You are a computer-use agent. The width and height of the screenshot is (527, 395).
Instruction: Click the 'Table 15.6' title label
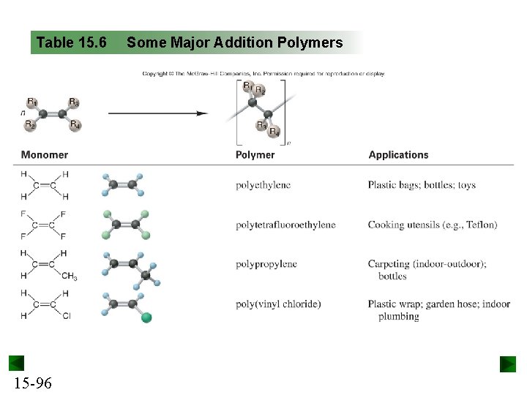click(x=71, y=42)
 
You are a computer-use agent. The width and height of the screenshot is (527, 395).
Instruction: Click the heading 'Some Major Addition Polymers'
click(x=234, y=42)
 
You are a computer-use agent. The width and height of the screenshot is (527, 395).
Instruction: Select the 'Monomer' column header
click(x=44, y=155)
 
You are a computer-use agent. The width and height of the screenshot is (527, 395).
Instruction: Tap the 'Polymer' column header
click(x=255, y=155)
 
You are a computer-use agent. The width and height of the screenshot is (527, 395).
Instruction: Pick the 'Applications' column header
click(x=398, y=155)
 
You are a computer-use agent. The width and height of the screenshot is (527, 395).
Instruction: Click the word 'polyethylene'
click(x=263, y=185)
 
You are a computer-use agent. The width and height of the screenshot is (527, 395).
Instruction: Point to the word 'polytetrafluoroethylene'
click(x=285, y=225)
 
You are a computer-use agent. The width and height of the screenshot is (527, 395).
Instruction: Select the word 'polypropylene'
click(x=266, y=264)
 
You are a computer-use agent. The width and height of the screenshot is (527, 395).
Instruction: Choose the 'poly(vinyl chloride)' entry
click(x=278, y=304)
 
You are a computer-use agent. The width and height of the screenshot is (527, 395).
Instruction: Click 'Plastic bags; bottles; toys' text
click(x=422, y=185)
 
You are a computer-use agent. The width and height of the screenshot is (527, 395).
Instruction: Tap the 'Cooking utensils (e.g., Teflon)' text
click(x=432, y=225)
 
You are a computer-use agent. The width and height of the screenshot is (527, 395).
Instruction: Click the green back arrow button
click(x=16, y=364)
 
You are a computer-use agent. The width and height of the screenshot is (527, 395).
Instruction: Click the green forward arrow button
click(x=508, y=364)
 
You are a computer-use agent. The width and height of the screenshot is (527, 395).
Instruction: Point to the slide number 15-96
click(x=32, y=383)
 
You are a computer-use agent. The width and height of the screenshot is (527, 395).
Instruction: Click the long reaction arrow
click(x=157, y=113)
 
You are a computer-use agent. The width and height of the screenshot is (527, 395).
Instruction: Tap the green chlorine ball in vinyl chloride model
click(x=146, y=317)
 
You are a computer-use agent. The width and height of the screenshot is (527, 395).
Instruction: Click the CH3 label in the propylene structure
click(x=69, y=276)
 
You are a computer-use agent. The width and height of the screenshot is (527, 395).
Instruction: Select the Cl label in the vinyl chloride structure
click(x=67, y=316)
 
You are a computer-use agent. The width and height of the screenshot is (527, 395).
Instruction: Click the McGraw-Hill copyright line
click(x=263, y=73)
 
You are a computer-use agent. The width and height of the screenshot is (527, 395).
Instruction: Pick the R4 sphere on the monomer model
click(x=75, y=125)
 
